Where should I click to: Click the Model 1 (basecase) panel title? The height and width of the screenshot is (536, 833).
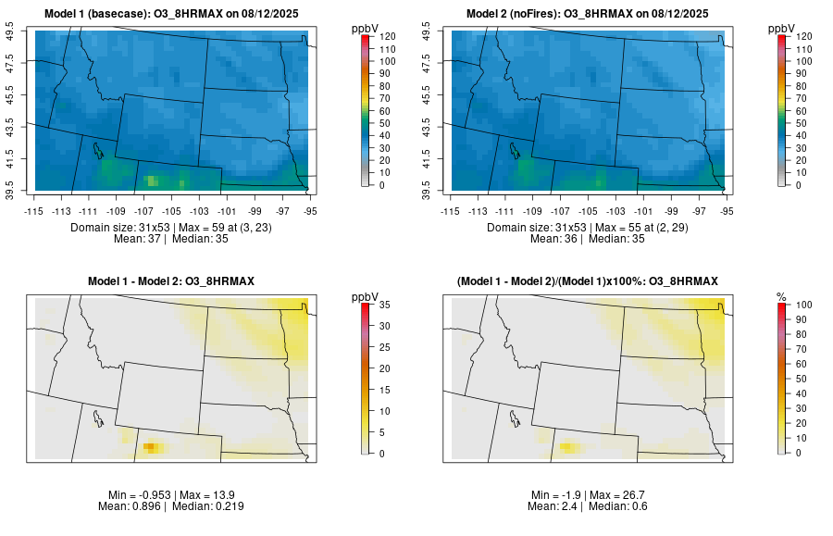(x=170, y=14)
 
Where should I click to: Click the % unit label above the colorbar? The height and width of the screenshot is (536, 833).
(x=781, y=297)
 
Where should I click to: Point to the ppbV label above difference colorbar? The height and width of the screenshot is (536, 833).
(x=366, y=297)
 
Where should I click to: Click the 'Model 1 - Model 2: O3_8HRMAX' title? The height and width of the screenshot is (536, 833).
(x=170, y=280)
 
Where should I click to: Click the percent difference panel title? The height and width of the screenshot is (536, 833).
(x=586, y=280)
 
